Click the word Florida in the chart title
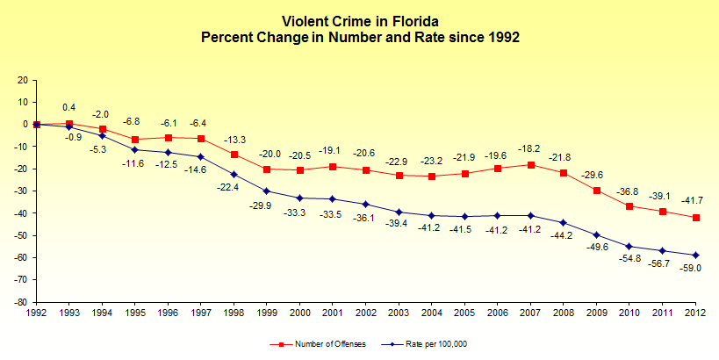[x=413, y=19]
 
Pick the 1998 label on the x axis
[x=234, y=312]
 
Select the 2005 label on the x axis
[x=465, y=312]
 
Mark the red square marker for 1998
[x=234, y=155]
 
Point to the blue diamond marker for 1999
[x=267, y=191]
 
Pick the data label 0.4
[x=68, y=107]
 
